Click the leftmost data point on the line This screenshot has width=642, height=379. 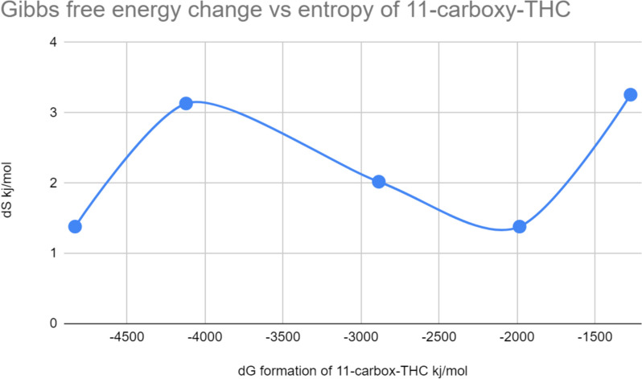click(x=75, y=226)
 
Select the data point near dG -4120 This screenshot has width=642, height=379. click(x=186, y=103)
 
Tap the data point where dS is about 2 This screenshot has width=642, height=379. click(x=378, y=182)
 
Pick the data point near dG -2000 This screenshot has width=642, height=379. click(x=519, y=226)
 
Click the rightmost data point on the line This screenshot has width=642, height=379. click(x=630, y=95)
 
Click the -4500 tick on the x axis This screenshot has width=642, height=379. click(x=126, y=339)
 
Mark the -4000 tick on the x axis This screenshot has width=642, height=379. click(x=204, y=339)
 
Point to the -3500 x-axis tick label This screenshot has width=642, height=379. click(x=282, y=339)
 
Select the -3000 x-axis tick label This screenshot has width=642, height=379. click(x=360, y=339)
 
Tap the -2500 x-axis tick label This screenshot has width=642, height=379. click(x=438, y=339)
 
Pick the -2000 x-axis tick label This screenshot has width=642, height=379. click(x=516, y=339)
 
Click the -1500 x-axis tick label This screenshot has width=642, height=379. click(x=595, y=339)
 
